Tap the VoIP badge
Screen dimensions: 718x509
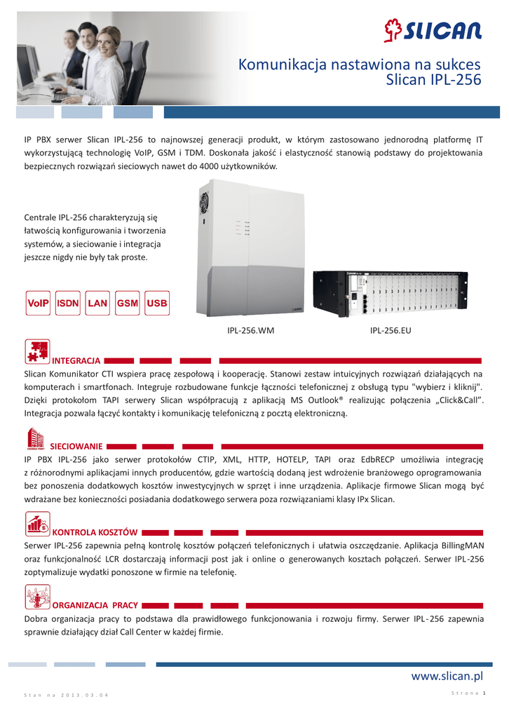point(37,303)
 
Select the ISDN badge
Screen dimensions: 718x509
point(68,303)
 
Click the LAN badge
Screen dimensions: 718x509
point(97,303)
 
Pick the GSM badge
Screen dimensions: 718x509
point(128,303)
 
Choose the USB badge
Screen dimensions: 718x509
point(158,303)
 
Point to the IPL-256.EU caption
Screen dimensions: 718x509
point(391,330)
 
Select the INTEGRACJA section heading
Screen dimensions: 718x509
point(77,360)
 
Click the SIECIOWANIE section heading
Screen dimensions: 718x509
point(77,446)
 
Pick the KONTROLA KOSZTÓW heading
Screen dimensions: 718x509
point(95,532)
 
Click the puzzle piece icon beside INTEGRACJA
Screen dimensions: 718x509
point(36,352)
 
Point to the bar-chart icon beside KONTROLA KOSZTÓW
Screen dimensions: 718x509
point(36,524)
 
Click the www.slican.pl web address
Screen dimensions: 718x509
point(447,676)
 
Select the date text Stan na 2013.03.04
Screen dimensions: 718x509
point(67,695)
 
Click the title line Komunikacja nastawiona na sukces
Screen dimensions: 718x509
point(360,65)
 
